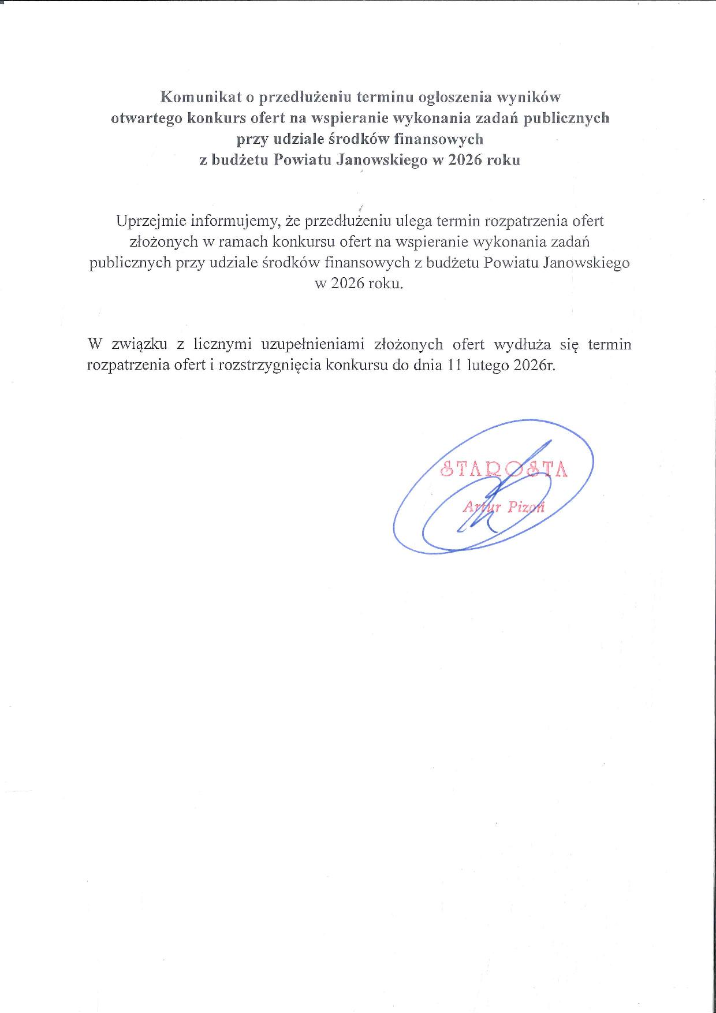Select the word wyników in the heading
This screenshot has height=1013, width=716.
click(x=529, y=96)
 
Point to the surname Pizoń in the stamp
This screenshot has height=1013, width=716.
click(x=526, y=508)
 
